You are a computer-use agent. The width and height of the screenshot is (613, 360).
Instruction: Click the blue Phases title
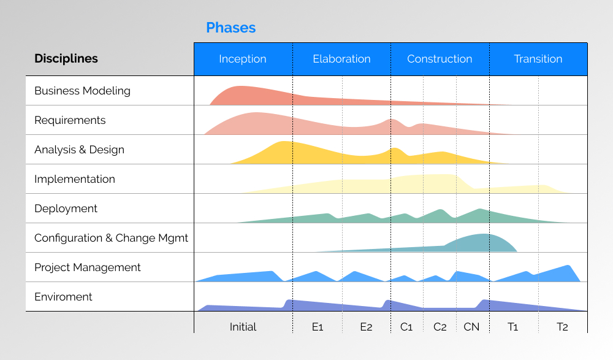230,28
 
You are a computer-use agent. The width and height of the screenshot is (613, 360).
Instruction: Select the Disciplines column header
66,59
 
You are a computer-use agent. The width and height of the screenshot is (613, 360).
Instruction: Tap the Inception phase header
243,59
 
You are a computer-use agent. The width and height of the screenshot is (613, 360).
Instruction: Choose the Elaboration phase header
341,59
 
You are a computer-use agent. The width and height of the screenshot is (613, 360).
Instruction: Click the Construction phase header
440,59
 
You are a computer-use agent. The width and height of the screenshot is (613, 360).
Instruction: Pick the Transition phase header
538,59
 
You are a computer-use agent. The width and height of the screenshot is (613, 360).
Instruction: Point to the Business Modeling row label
82,91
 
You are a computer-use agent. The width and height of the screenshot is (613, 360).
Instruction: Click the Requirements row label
70,120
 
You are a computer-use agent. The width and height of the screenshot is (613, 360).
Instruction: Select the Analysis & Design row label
79,150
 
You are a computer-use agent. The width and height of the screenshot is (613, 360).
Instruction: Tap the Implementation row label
75,179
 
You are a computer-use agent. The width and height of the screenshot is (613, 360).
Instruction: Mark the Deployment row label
66,209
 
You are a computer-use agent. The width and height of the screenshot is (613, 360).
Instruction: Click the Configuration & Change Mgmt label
111,238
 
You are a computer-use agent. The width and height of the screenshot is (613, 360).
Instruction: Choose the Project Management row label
88,267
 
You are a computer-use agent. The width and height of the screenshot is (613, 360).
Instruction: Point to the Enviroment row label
63,297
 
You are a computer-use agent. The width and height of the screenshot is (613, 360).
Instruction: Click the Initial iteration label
243,327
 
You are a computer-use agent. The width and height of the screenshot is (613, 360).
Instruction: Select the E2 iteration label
366,327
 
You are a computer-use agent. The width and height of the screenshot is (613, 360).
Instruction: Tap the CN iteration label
471,327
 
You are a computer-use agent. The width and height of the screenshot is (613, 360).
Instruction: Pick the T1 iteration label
513,327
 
